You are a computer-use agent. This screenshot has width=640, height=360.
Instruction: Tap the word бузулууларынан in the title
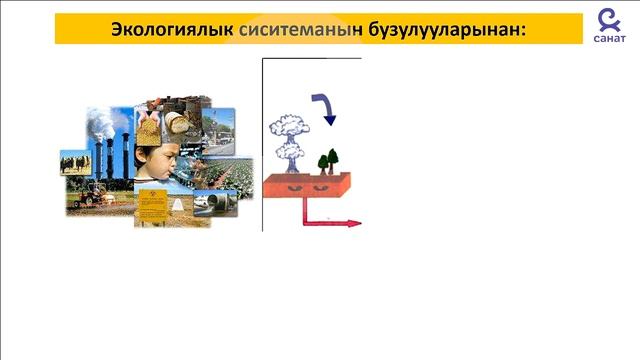coord(435,30)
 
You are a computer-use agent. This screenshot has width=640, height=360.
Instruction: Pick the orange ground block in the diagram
coord(309,185)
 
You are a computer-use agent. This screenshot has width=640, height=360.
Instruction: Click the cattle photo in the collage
coord(74,162)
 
